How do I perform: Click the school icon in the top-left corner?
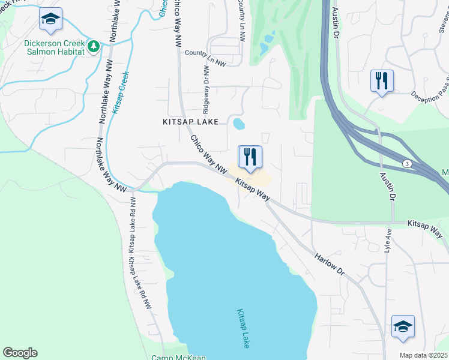pos(51,19)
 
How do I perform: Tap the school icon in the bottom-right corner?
pos(403,326)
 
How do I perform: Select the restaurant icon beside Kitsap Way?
pos(250,157)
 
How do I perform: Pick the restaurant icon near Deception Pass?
pos(382,81)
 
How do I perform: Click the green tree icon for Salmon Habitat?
pos(93,46)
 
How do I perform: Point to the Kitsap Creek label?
pos(122,89)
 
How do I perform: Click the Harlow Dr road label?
pos(330,263)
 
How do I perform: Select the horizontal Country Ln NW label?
pos(205,53)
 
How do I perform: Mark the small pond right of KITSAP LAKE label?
pos(239,124)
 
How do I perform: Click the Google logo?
pos(20,353)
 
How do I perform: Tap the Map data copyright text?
pos(424,355)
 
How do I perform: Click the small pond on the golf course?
pos(264,47)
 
